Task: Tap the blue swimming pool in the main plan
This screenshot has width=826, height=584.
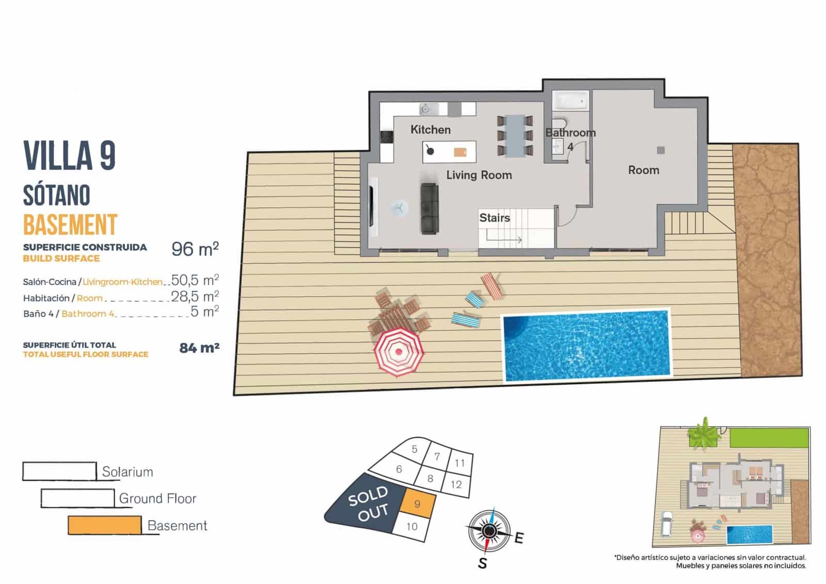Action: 585,345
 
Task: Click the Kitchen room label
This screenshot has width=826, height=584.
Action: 430,130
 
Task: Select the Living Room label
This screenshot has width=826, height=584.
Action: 479,175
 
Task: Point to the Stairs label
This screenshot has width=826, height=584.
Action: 494,218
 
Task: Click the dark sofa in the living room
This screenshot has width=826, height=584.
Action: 430,208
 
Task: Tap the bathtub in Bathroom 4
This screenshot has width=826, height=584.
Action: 570,101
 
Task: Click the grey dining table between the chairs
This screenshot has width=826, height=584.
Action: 515,135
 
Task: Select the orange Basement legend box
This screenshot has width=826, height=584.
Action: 104,525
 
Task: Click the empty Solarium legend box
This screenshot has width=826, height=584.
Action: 59,471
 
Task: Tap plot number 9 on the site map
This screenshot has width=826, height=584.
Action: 417,504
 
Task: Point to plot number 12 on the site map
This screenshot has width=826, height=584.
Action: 456,484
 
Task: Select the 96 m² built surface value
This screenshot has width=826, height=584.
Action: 195,249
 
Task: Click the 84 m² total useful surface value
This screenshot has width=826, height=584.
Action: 199,348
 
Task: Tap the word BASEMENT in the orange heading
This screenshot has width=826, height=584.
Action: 70,225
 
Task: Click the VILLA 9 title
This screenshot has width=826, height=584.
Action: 69,155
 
